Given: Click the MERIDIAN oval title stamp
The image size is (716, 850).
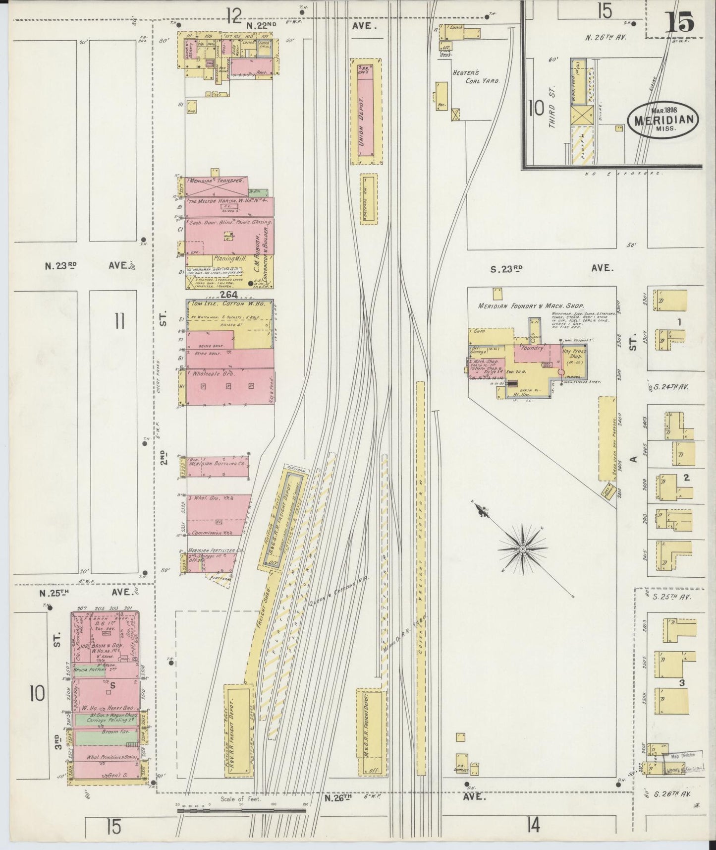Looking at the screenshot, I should pos(664,120).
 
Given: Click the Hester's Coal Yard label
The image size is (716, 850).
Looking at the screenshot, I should pos(475,75).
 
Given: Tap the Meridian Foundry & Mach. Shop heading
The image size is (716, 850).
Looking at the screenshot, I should pos(531,306).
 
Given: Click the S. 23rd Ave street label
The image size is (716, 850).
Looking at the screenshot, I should pos(550,268).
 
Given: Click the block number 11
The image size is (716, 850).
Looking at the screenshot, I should pos(119,322).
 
